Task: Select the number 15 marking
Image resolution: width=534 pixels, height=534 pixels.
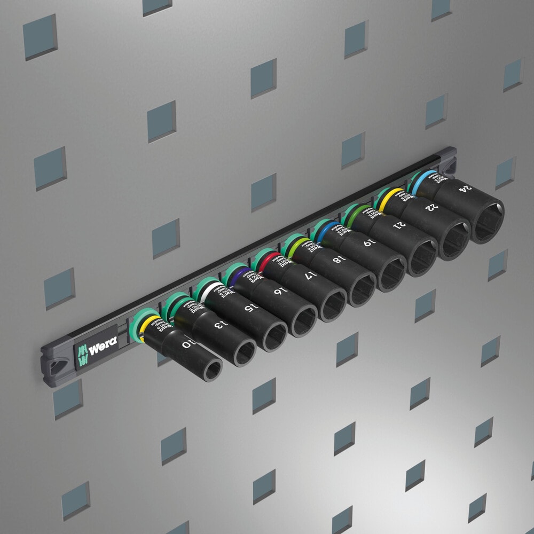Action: [249, 308]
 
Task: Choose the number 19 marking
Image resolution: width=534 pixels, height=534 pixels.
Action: [368, 243]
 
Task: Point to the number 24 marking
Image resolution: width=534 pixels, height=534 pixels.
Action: [466, 188]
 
